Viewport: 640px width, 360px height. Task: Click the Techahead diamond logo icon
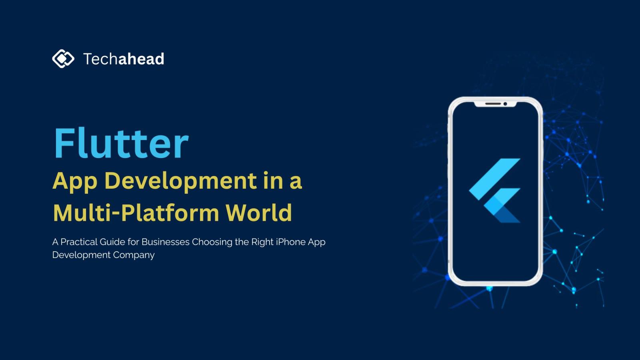point(63,58)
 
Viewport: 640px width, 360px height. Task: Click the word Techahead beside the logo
point(124,59)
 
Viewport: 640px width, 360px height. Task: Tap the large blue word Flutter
point(121,143)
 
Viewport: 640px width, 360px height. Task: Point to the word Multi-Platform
point(136,212)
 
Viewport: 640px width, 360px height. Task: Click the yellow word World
point(259,212)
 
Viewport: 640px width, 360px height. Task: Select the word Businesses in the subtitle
point(166,242)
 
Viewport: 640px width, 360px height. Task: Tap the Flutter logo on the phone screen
point(494,190)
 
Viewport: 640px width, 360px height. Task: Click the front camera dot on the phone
point(505,104)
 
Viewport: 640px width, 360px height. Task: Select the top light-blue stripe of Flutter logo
point(494,179)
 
